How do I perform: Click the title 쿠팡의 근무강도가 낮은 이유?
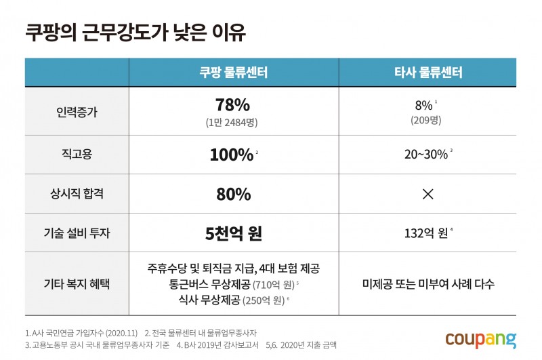coord(135,31)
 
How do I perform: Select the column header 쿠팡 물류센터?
coord(233,73)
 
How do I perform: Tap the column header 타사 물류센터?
coord(428,73)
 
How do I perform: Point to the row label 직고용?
coord(77,155)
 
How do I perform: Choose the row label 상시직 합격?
coord(77,194)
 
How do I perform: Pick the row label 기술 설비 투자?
coord(77,233)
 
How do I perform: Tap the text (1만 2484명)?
coord(233,123)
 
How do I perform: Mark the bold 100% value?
coord(231,155)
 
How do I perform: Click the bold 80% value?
coord(233,194)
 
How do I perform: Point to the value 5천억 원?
coord(233,233)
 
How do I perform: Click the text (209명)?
coord(425,120)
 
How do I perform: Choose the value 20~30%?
coord(426,155)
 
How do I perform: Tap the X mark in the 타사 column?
coord(428,194)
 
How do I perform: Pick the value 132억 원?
coord(424,233)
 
